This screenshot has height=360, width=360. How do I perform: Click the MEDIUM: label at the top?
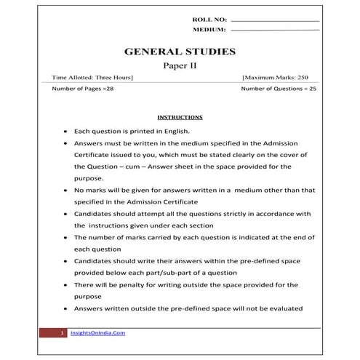[x=209, y=31]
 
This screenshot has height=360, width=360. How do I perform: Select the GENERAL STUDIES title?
[x=180, y=52]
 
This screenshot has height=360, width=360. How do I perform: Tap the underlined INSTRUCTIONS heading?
[x=180, y=117]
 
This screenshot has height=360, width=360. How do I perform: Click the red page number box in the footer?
[x=63, y=332]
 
